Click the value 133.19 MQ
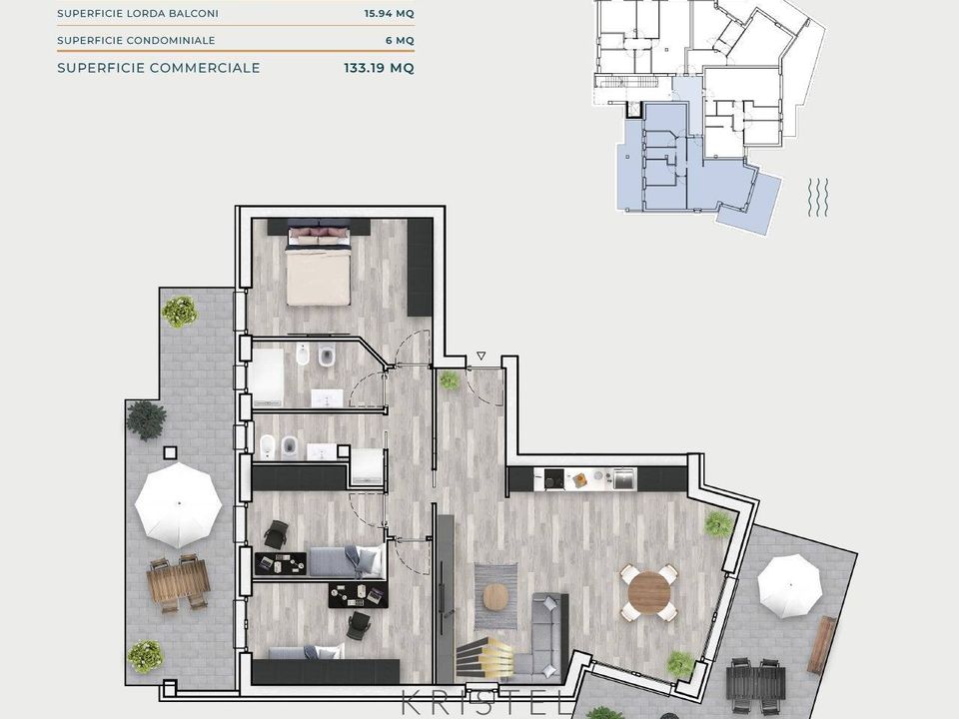tap(379, 68)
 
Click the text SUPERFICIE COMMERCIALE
tap(159, 68)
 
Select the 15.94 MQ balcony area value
tap(389, 13)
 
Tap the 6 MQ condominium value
tap(400, 40)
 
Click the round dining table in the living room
tap(649, 590)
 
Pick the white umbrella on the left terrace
tap(178, 504)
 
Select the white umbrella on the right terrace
tap(789, 586)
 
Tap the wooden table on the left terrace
tap(178, 582)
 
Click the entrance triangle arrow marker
tap(481, 356)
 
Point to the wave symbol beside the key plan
tap(818, 197)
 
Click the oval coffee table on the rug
tap(496, 597)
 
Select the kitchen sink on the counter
tap(624, 478)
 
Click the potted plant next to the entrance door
tap(450, 380)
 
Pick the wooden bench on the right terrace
tap(822, 644)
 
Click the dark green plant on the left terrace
tap(146, 419)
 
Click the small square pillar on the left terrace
tap(170, 453)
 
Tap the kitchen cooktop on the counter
tap(554, 478)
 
